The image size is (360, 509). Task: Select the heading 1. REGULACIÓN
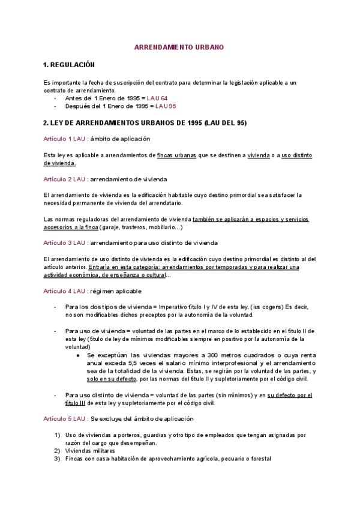[x=69, y=64]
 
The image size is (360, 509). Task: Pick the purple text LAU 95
[x=166, y=106]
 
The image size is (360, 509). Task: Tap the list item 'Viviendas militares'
[x=90, y=451]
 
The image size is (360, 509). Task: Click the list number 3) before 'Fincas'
[x=58, y=459]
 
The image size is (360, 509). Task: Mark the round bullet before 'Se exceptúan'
[x=79, y=355]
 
